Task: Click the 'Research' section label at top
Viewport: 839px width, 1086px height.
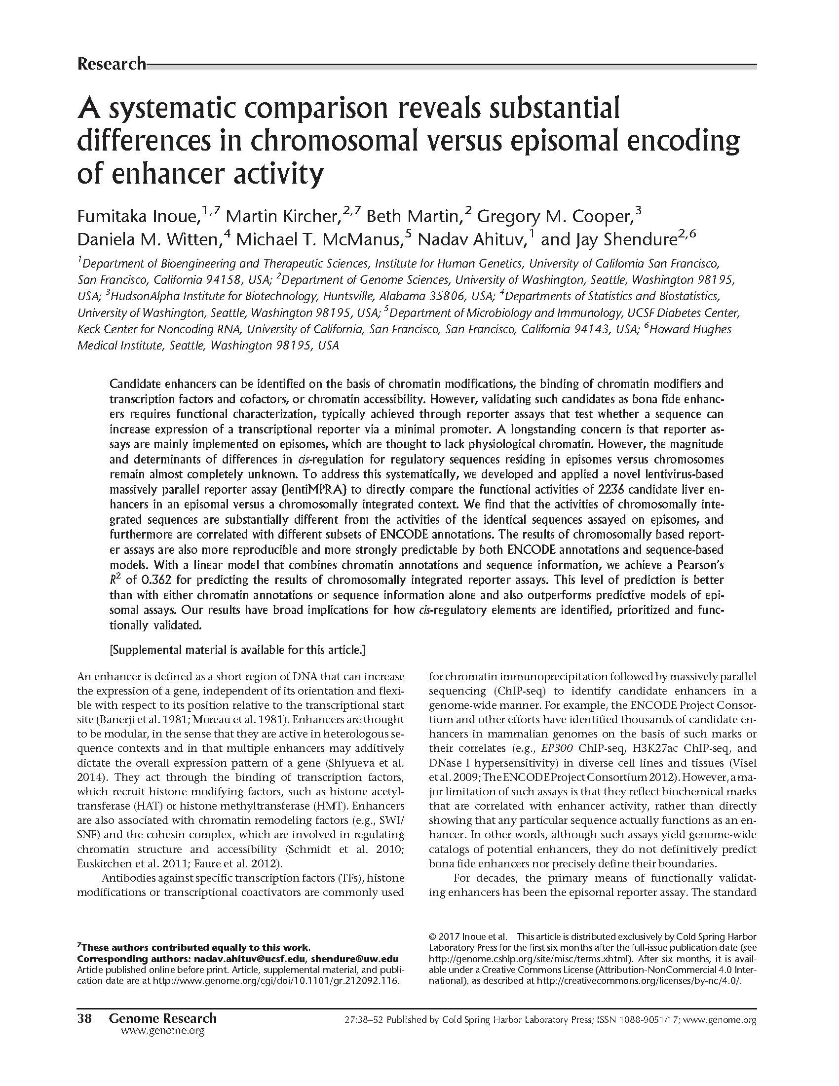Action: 112,64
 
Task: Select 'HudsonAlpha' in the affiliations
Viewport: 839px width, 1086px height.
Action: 144,297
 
